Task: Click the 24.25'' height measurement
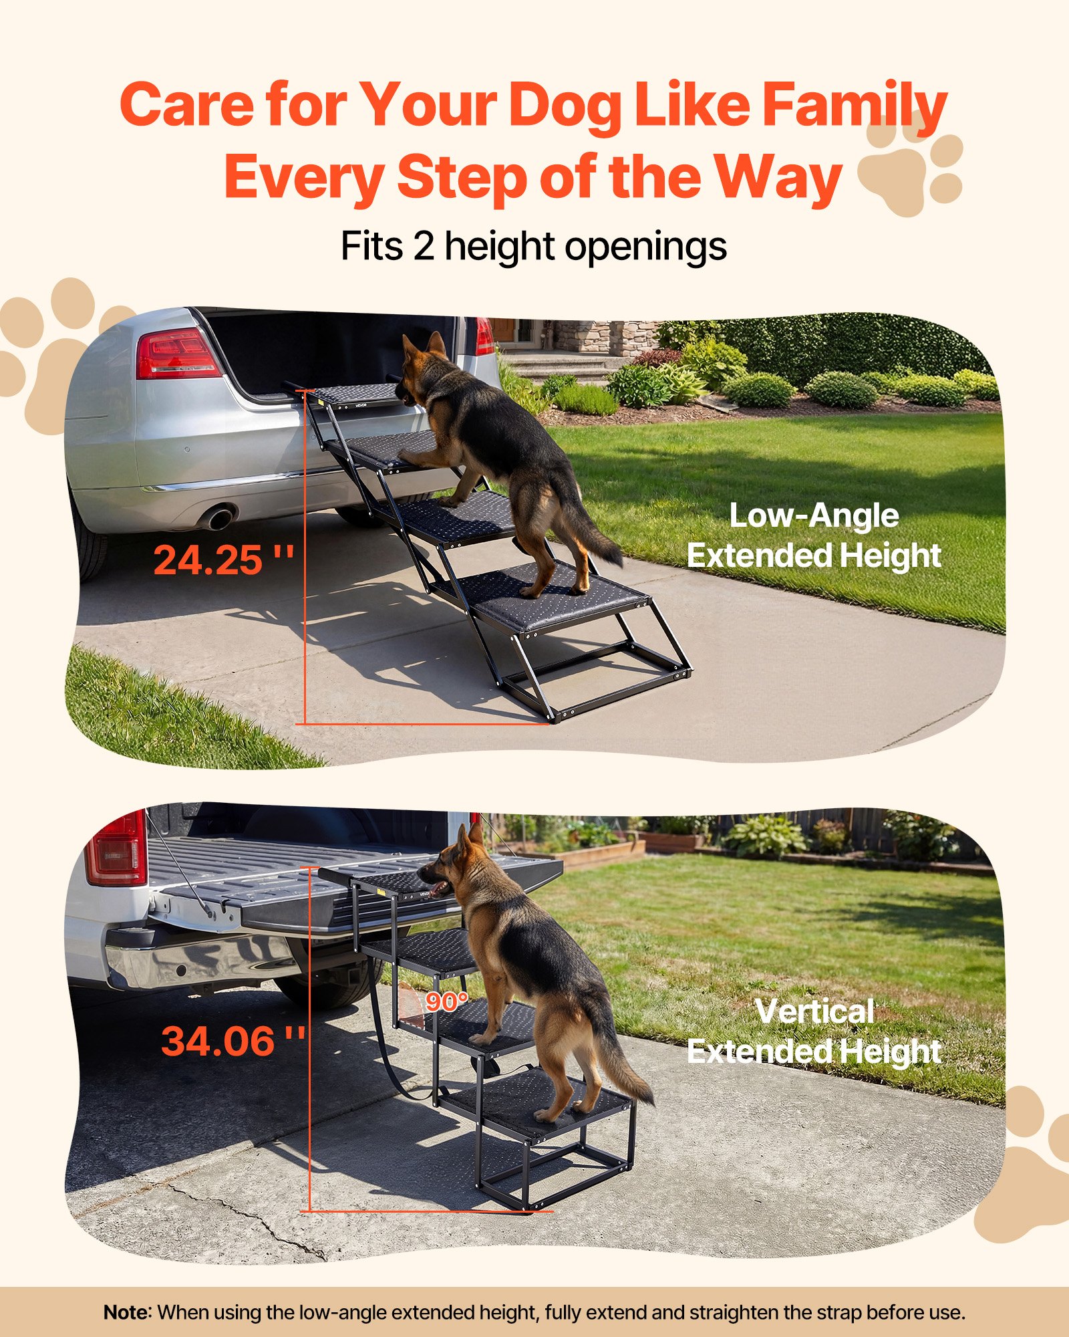tap(223, 560)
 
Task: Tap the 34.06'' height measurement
tap(232, 1041)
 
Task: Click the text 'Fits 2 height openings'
tap(533, 247)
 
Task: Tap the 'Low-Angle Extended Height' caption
tap(814, 535)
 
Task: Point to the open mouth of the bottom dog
tap(439, 889)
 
